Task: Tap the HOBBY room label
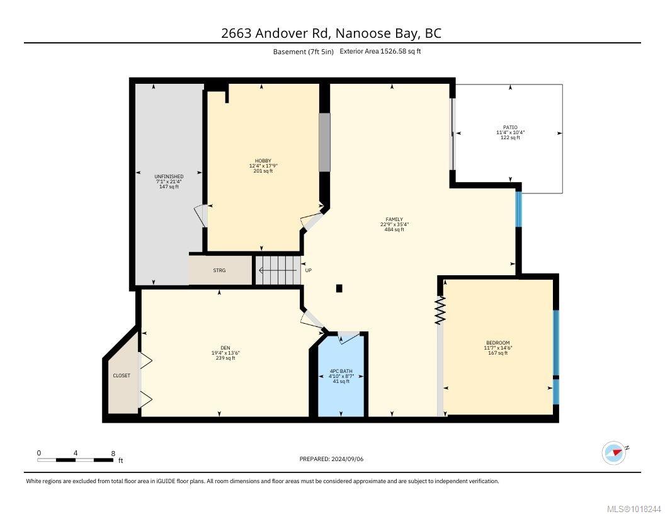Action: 263,161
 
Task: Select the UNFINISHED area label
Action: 169,176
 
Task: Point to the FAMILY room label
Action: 394,219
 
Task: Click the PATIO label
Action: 510,127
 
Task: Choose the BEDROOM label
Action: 498,343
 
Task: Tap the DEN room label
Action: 225,348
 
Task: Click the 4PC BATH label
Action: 341,371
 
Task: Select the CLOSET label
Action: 122,375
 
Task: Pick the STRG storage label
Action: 219,270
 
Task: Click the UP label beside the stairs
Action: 309,270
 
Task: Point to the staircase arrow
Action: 277,270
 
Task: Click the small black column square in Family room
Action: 339,288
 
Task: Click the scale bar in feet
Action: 76,460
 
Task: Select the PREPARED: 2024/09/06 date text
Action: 331,459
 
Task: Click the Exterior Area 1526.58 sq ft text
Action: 380,51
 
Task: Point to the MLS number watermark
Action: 634,509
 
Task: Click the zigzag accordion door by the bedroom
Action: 440,310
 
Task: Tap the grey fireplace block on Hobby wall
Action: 324,142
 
